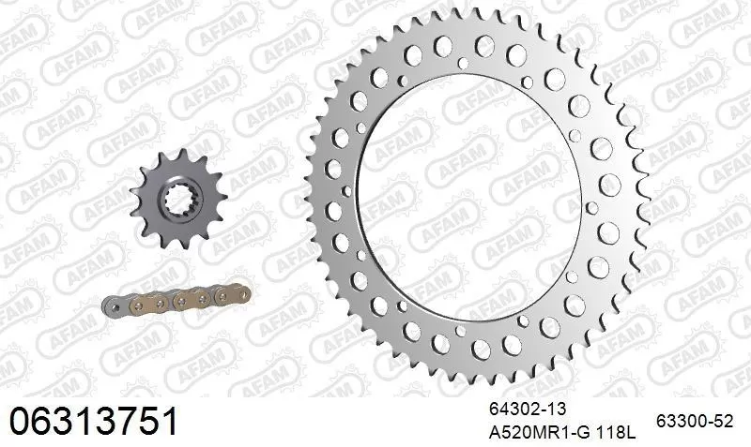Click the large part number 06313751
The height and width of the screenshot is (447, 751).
[x=93, y=420]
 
